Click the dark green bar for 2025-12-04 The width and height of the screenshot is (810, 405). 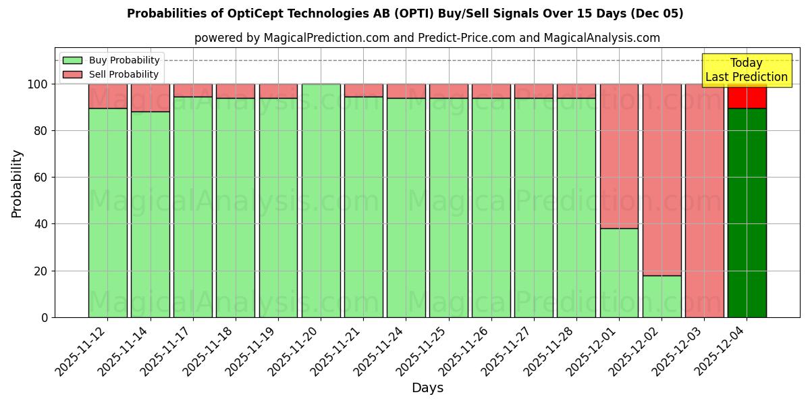(747, 213)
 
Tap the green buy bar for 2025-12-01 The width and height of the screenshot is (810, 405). (619, 273)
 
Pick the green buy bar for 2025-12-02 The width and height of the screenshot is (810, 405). (661, 296)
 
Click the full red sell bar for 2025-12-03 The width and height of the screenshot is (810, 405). (704, 200)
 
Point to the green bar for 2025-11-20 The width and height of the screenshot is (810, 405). (321, 200)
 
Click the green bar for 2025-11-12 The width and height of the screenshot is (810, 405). (107, 213)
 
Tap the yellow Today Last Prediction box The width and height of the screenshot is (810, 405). (747, 70)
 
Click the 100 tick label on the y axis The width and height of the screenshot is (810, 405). (37, 84)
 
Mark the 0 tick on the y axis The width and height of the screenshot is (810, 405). (45, 317)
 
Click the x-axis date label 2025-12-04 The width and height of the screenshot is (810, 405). (722, 350)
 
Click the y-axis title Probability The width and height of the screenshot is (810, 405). (17, 183)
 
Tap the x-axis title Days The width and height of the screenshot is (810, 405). (427, 388)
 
